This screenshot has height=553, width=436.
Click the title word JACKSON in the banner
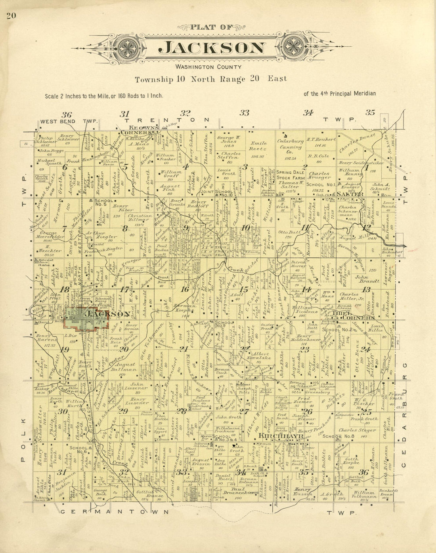pyautogui.click(x=212, y=48)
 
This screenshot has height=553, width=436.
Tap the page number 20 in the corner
pyautogui.click(x=11, y=16)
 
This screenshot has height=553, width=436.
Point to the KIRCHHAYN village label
pyautogui.click(x=281, y=436)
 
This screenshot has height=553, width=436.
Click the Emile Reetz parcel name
pyautogui.click(x=258, y=148)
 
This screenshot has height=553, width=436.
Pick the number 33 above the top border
pyautogui.click(x=245, y=113)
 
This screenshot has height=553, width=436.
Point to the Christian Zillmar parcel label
pyautogui.click(x=140, y=219)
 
